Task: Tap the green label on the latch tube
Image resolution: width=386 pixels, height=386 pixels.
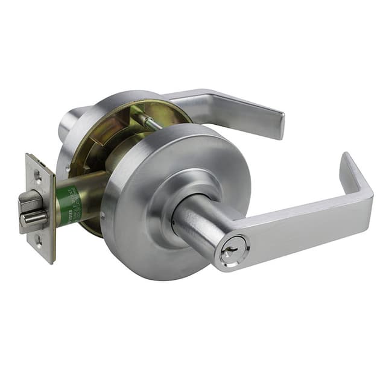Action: click(68, 206)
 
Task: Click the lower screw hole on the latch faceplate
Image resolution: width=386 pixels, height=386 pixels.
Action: click(39, 240)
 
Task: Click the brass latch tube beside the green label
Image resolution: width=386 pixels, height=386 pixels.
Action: click(90, 193)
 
